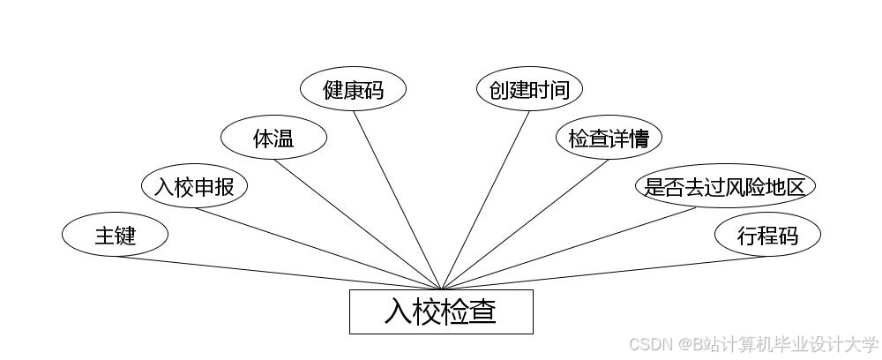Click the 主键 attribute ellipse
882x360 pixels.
pos(115,235)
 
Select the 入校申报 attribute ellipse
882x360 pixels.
pos(194,186)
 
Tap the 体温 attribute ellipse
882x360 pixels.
pos(273,138)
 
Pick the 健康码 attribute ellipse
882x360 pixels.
pos(353,89)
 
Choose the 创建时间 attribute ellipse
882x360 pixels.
pos(529,89)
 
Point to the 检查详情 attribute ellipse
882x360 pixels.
pos(609,138)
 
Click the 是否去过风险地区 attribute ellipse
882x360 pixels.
pos(725,186)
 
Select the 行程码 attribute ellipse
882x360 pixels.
pos(767,235)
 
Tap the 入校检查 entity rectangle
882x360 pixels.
pos(441,311)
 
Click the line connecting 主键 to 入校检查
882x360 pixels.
pos(278,273)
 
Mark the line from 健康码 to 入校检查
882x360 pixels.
pos(397,199)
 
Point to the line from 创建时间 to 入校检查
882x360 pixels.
pos(485,199)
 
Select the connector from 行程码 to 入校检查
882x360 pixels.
pos(604,273)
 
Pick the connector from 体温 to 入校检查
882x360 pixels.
pos(357,224)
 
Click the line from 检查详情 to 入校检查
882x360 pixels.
pos(525,224)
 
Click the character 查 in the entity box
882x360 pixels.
pos(482,312)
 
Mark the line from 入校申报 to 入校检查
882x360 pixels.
pos(318,248)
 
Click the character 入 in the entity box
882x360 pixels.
pos(399,312)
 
